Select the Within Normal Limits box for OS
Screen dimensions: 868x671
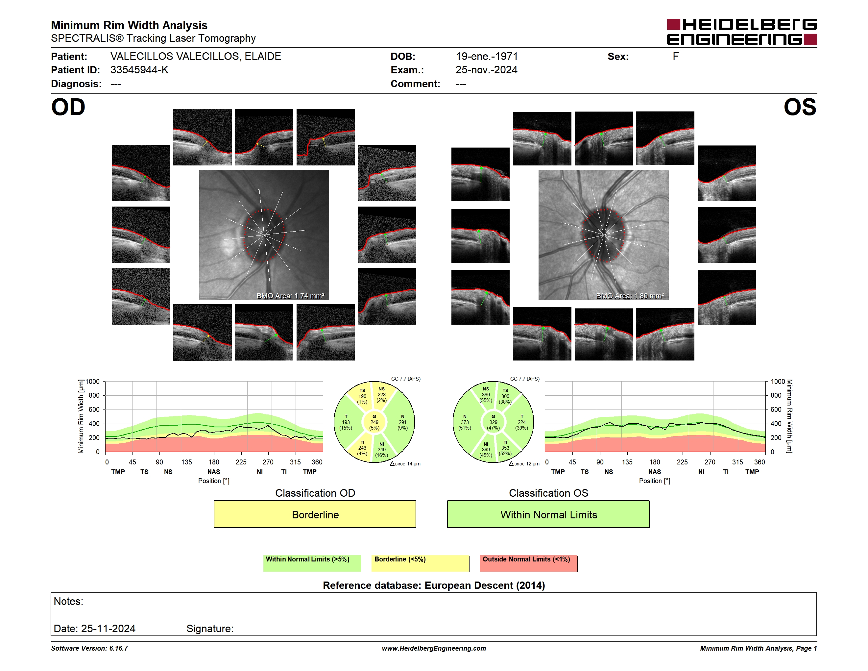click(548, 514)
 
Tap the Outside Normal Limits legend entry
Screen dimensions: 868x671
click(529, 563)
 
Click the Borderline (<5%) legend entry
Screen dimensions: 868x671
click(420, 563)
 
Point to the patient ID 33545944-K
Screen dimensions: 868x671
click(139, 70)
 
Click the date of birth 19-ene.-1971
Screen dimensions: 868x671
click(487, 57)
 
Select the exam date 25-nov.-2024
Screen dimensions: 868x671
click(487, 70)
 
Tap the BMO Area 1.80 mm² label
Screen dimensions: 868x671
click(630, 296)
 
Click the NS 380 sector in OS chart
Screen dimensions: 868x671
click(486, 394)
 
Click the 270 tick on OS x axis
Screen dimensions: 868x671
click(710, 462)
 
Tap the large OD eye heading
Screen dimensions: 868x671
click(68, 107)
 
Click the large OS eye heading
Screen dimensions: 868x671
click(800, 107)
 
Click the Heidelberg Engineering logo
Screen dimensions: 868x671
click(742, 32)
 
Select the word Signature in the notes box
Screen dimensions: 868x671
click(209, 629)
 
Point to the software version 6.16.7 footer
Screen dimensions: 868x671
click(89, 648)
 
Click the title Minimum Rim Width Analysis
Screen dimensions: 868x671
click(129, 25)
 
